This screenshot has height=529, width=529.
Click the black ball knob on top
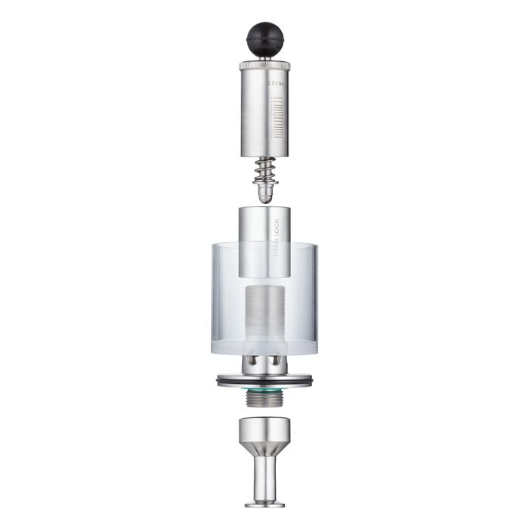coord(264,36)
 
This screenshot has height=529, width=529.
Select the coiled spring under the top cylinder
coord(264,170)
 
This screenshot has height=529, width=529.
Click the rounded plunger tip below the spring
coord(264,194)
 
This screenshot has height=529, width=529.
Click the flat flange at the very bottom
coord(264,502)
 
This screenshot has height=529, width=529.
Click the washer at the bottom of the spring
coord(264,181)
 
